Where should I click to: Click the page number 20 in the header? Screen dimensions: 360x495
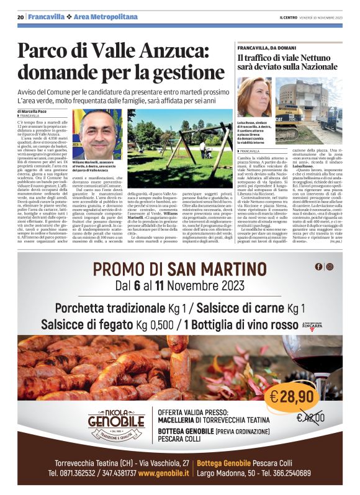(x=20, y=17)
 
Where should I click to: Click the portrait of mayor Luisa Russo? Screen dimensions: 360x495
(x=254, y=96)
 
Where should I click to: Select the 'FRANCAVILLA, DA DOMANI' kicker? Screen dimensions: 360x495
(x=267, y=47)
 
